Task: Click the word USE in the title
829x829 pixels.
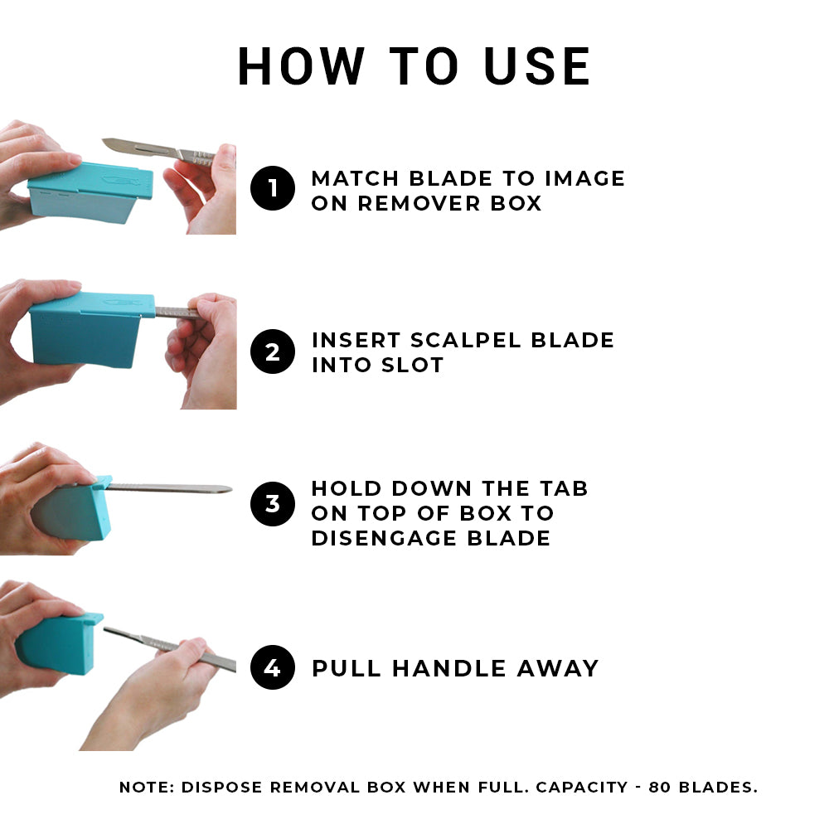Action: pyautogui.click(x=537, y=66)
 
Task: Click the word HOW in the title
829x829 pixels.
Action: pyautogui.click(x=301, y=66)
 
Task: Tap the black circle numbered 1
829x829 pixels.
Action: pyautogui.click(x=273, y=189)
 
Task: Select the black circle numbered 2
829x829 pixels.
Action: pyautogui.click(x=273, y=351)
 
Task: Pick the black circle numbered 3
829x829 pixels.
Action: pyautogui.click(x=273, y=504)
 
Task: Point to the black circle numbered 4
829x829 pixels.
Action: pyautogui.click(x=273, y=667)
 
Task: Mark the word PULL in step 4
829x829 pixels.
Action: pyautogui.click(x=347, y=668)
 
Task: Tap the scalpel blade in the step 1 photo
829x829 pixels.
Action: pyautogui.click(x=137, y=148)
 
